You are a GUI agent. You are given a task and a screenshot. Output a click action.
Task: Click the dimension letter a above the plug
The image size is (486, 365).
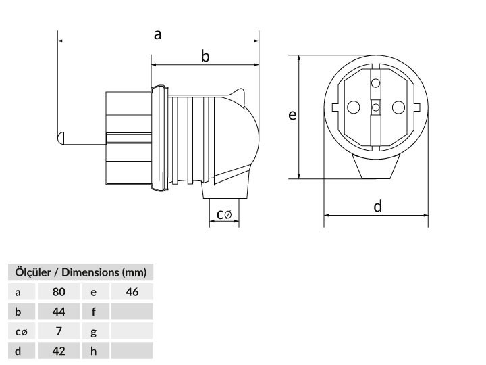(x=158, y=34)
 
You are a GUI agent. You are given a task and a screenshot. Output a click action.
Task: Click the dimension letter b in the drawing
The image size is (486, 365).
(x=205, y=57)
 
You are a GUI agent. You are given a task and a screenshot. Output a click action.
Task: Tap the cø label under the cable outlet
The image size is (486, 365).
(x=224, y=214)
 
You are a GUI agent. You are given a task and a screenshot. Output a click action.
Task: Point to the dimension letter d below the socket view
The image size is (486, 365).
(x=377, y=206)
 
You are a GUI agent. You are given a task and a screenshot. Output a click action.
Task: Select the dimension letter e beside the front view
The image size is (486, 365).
(x=292, y=115)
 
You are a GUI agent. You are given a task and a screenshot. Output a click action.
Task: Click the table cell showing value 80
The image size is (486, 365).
(x=59, y=292)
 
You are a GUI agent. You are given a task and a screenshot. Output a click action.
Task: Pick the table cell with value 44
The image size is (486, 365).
(x=59, y=312)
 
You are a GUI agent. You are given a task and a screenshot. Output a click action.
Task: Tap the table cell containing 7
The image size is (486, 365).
(x=59, y=331)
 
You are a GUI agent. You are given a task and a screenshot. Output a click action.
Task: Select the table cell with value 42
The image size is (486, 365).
(x=59, y=351)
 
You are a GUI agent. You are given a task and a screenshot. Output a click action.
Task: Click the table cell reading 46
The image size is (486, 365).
(x=132, y=292)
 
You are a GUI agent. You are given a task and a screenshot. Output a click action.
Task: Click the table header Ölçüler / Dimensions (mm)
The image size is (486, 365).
(x=80, y=272)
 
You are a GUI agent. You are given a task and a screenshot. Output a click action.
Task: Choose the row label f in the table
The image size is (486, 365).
(x=94, y=312)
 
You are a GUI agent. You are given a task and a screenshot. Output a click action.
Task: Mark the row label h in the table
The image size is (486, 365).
(x=94, y=351)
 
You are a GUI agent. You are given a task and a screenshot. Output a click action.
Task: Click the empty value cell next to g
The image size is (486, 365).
(x=132, y=331)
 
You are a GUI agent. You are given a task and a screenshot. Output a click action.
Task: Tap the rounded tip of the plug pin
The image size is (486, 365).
(x=60, y=138)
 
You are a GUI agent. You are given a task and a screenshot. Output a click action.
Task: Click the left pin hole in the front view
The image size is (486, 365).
(x=353, y=107)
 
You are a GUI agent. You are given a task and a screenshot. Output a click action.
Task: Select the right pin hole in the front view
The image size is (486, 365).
(x=398, y=107)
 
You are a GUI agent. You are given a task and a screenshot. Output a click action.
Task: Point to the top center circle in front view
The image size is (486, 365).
(x=376, y=83)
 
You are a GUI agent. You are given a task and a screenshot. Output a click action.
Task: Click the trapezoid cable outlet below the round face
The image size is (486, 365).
(x=376, y=167)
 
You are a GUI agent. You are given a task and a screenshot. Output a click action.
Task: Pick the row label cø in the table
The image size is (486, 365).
(x=22, y=331)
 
